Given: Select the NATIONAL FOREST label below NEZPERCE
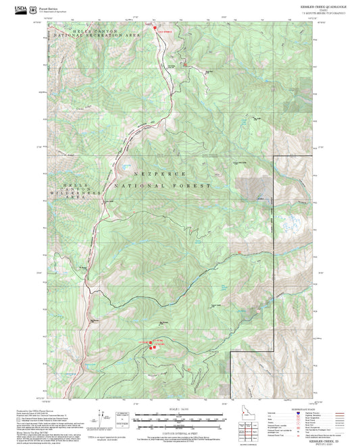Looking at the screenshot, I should (162, 185).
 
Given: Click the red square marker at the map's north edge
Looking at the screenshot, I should (155, 29).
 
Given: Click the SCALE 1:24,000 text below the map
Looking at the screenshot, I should (179, 409).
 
